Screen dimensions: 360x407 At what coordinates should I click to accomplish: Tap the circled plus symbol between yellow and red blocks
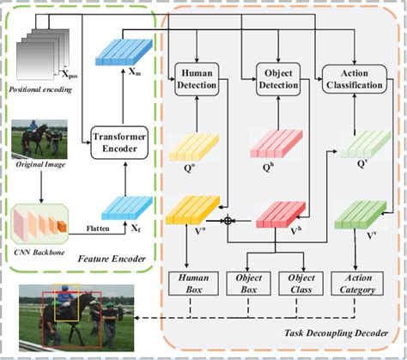click(x=228, y=221)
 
